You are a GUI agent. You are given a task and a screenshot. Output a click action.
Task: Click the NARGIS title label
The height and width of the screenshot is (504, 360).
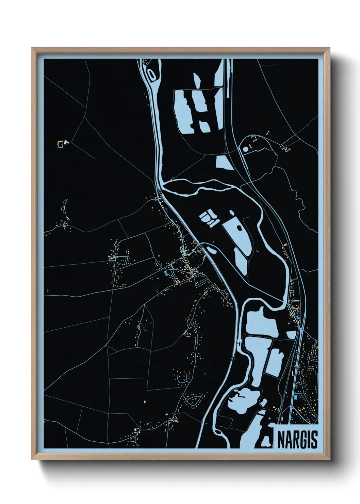pyautogui.click(x=297, y=440)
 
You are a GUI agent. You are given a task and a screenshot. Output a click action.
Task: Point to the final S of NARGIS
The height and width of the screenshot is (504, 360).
pyautogui.click(x=314, y=440)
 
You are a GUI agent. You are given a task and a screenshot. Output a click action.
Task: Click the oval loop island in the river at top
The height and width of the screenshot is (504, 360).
pyautogui.click(x=150, y=73)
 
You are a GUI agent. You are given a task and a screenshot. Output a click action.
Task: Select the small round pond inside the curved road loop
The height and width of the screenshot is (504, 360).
pyautogui.click(x=246, y=149)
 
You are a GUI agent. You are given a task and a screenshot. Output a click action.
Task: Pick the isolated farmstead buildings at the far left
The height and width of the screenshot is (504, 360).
pyautogui.click(x=62, y=143)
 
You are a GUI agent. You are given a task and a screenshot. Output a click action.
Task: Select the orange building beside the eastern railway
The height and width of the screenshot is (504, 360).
pyautogui.click(x=285, y=244)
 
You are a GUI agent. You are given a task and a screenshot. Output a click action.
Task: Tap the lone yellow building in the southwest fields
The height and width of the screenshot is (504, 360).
pyautogui.click(x=144, y=401)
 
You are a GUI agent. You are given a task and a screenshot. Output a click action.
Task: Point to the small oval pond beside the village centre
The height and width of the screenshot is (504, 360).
pyautogui.click(x=211, y=250)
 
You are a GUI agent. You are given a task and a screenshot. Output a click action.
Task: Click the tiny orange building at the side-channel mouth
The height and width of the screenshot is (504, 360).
pyautogui.click(x=172, y=179)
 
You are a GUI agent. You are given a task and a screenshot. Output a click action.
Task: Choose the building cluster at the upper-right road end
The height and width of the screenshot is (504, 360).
pyautogui.click(x=285, y=148)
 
